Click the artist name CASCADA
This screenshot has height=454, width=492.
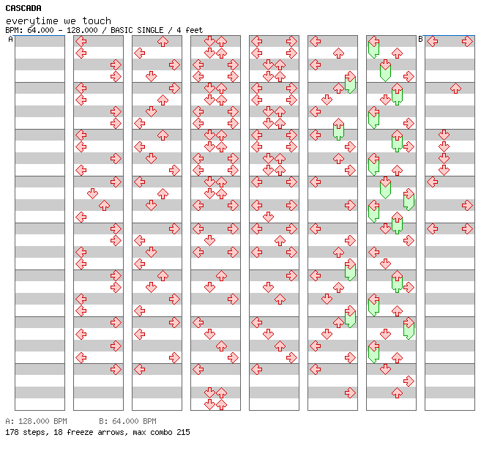click(x=23, y=8)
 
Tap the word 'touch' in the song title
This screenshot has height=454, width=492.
click(x=98, y=21)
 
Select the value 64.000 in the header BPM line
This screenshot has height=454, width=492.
click(x=37, y=30)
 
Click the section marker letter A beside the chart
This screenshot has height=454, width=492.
click(x=10, y=39)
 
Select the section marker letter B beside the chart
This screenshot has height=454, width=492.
click(x=420, y=39)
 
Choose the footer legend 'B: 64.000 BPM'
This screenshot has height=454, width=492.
click(x=127, y=422)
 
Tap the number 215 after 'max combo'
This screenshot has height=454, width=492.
click(x=182, y=432)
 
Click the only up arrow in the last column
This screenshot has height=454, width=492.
click(x=455, y=88)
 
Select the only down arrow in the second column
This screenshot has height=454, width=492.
click(x=92, y=193)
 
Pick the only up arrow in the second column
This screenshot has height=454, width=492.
click(x=104, y=205)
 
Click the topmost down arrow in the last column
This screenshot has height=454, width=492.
click(x=444, y=135)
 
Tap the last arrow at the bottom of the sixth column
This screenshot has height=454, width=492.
click(x=350, y=392)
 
